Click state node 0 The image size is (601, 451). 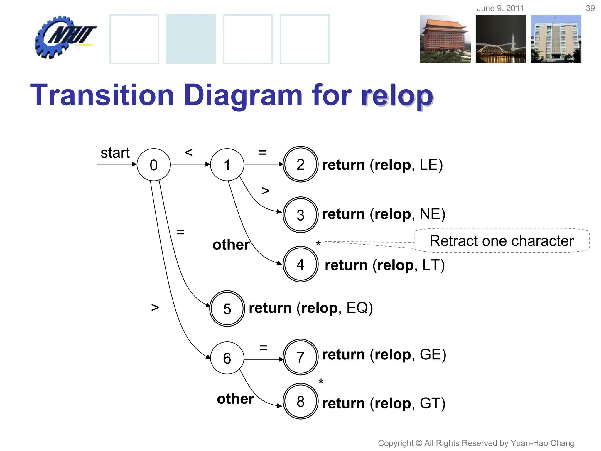(153, 164)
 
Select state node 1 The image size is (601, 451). (227, 164)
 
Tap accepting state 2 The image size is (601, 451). (300, 164)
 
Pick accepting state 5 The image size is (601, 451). (227, 309)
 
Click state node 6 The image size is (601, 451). (227, 358)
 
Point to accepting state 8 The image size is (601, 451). (300, 401)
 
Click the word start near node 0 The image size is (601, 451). (115, 153)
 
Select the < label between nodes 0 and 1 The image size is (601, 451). (188, 152)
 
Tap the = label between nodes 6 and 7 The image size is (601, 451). (264, 348)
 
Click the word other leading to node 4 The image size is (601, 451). (231, 245)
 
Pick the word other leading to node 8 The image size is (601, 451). (235, 399)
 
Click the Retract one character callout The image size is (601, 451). (501, 241)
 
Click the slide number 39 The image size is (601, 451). (590, 8)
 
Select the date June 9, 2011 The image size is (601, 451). (500, 8)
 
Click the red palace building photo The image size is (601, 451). (445, 39)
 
